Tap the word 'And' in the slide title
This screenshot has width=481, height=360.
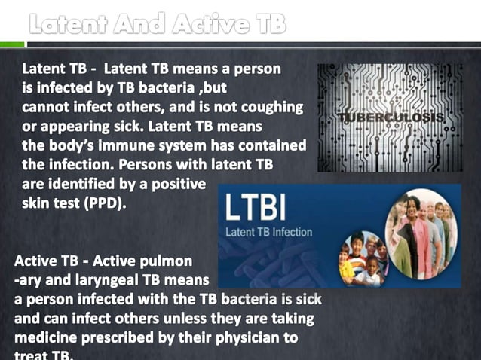[140, 24]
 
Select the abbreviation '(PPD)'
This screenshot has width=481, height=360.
[105, 203]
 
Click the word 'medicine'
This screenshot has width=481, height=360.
[48, 338]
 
